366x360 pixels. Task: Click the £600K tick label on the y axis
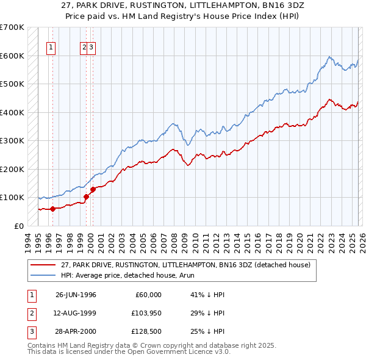12,56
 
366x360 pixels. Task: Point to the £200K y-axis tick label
12,169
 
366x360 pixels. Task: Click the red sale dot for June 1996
53,209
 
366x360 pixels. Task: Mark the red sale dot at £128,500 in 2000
93,189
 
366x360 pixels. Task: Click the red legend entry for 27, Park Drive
186,265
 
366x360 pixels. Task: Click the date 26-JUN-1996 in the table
76,295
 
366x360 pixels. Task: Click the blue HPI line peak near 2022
329,57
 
